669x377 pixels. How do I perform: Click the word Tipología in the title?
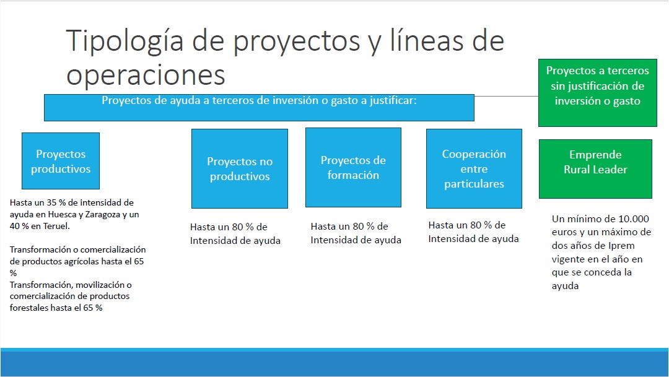click(125, 42)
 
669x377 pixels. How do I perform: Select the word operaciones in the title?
click(146, 76)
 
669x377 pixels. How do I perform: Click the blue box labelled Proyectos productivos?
click(61, 161)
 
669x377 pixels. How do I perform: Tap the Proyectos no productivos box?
click(239, 168)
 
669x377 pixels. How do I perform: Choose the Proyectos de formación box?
click(353, 168)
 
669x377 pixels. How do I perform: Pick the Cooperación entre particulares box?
click(474, 168)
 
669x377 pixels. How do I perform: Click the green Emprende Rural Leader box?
click(595, 169)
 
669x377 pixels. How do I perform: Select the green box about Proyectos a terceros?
click(597, 92)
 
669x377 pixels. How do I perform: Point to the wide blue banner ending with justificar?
click(259, 108)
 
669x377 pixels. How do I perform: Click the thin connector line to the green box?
click(507, 97)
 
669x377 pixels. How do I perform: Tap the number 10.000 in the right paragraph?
click(634, 219)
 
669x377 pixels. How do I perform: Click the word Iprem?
click(621, 246)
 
